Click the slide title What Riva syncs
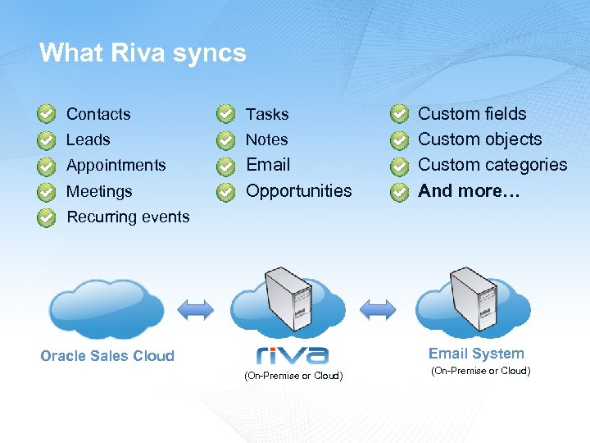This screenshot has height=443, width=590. [x=143, y=53]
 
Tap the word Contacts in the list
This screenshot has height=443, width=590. [x=98, y=114]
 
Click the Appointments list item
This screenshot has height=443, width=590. [x=116, y=166]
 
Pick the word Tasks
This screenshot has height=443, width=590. [x=267, y=114]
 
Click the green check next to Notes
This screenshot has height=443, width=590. [x=224, y=140]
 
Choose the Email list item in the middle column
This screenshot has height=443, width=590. [x=268, y=165]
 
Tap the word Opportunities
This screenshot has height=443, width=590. [x=298, y=191]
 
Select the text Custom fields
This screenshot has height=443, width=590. [x=472, y=114]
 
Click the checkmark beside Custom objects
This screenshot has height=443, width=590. [x=398, y=140]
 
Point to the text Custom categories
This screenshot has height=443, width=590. [x=492, y=165]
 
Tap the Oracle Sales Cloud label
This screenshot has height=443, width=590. [x=107, y=356]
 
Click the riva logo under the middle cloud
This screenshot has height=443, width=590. [x=293, y=355]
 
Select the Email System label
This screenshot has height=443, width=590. [x=476, y=354]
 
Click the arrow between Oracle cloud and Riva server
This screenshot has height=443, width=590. [x=196, y=309]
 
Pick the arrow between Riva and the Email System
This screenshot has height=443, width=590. [x=378, y=309]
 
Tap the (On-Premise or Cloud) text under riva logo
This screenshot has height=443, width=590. [x=293, y=376]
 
